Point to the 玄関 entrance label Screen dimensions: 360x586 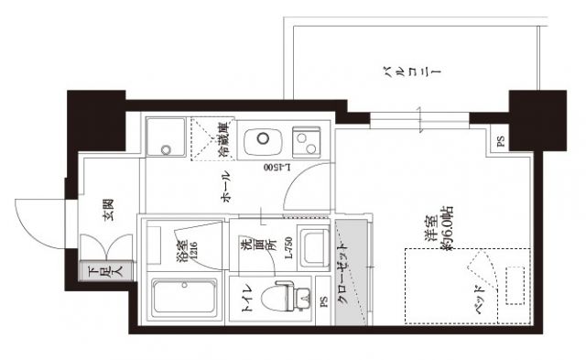pyautogui.click(x=107, y=212)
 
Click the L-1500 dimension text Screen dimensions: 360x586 pyautogui.click(x=277, y=168)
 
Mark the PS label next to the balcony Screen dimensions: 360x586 pyautogui.click(x=500, y=142)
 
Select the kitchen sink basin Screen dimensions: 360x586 pyautogui.click(x=259, y=141)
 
